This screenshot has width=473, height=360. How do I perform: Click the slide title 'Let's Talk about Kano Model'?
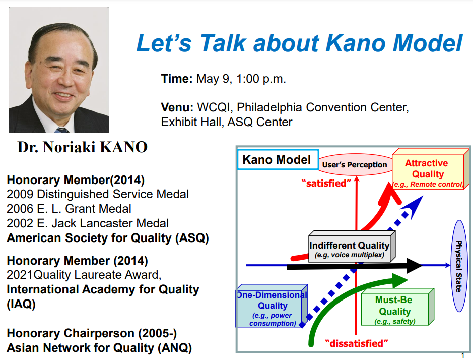[299, 44]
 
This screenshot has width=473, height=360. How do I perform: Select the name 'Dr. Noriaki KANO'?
[82, 147]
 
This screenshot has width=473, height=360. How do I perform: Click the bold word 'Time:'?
[177, 79]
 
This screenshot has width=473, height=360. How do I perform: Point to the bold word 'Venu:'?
[177, 107]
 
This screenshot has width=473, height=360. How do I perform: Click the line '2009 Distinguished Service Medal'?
[98, 194]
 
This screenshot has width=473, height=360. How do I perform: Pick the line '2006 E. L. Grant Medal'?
[69, 209]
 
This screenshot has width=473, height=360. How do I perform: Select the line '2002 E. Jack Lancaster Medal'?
[88, 223]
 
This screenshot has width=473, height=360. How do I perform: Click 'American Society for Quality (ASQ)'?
[107, 238]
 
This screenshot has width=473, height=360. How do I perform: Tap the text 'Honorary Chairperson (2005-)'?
[92, 333]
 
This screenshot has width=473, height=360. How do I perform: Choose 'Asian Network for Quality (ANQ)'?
[99, 348]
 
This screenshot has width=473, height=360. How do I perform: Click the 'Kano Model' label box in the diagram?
[277, 160]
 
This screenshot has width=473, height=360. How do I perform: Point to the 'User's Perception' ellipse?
[355, 164]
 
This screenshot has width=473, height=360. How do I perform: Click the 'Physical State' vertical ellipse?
[458, 266]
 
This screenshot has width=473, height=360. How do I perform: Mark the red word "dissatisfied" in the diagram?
[357, 344]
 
